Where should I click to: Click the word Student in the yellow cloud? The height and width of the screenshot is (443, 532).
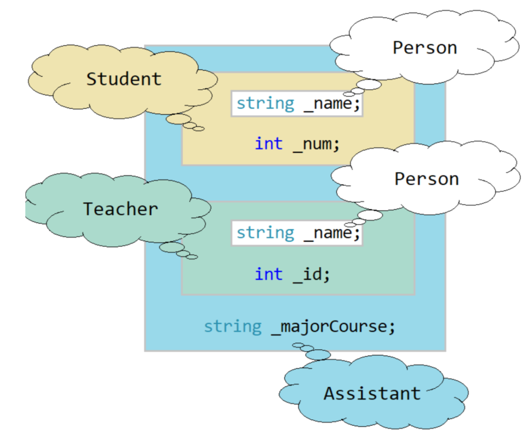pyautogui.click(x=124, y=79)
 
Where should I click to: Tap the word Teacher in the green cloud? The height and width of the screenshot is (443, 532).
pyautogui.click(x=120, y=209)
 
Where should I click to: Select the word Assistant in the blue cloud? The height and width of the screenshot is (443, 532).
pyautogui.click(x=372, y=393)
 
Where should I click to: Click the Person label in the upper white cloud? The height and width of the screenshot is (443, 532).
pyautogui.click(x=425, y=48)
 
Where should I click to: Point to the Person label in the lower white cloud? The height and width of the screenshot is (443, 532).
pyautogui.click(x=427, y=179)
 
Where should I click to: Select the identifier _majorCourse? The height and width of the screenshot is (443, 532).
pyautogui.click(x=333, y=327)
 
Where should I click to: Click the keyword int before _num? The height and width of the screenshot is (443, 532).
pyautogui.click(x=269, y=144)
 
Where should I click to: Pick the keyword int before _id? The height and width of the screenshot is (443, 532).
pyautogui.click(x=269, y=274)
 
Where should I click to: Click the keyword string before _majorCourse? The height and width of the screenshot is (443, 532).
pyautogui.click(x=233, y=327)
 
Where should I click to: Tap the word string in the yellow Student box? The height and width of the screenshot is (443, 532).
pyautogui.click(x=265, y=104)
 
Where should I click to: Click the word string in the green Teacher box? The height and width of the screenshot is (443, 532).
pyautogui.click(x=265, y=233)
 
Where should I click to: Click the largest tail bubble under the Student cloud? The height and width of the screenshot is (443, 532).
pyautogui.click(x=178, y=119)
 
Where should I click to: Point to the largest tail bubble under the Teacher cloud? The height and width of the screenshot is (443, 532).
pyautogui.click(x=172, y=247)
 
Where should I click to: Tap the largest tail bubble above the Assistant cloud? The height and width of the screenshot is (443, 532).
pyautogui.click(x=318, y=355)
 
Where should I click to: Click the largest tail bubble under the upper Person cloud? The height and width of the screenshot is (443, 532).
pyautogui.click(x=369, y=85)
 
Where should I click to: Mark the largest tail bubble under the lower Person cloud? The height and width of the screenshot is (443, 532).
pyautogui.click(x=370, y=215)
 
